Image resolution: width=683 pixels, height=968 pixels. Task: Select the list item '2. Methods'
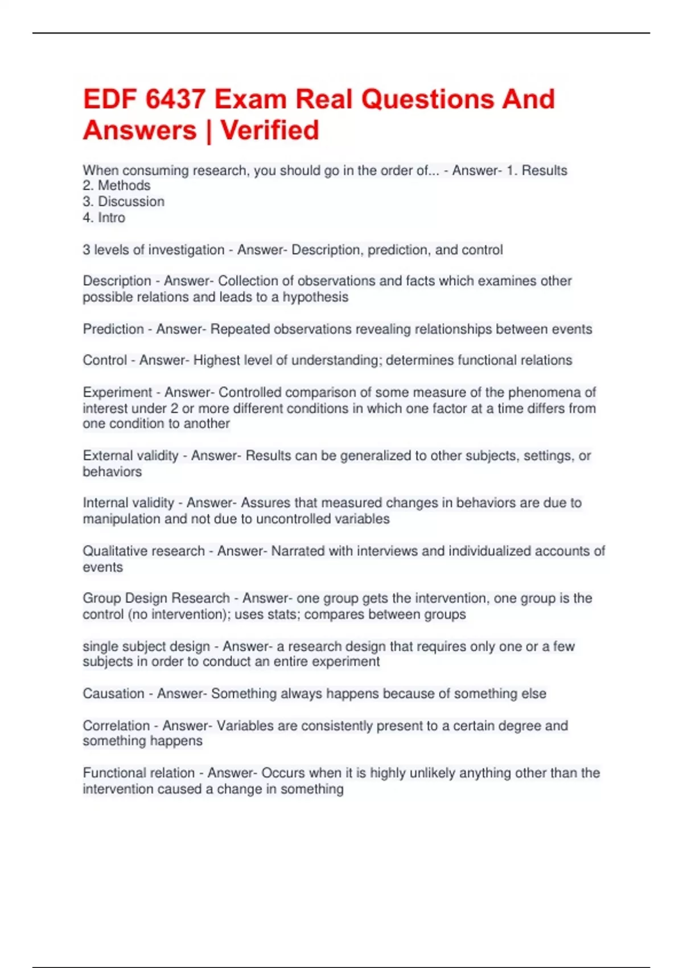click(117, 186)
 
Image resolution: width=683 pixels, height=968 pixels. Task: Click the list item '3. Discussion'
click(124, 202)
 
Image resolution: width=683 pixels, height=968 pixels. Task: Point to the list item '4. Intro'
click(104, 218)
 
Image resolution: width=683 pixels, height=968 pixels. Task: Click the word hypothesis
click(315, 297)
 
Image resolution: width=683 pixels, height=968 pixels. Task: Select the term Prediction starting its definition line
click(113, 329)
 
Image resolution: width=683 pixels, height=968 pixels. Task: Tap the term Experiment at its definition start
click(117, 392)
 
